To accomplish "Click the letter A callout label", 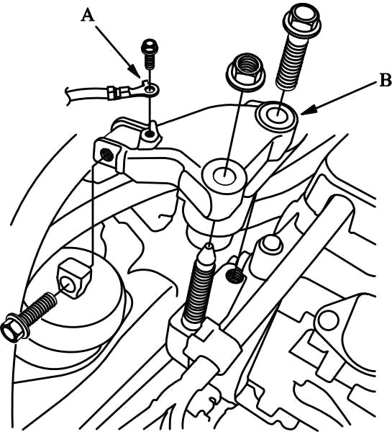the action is [x=88, y=15].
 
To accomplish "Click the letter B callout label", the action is [x=386, y=81].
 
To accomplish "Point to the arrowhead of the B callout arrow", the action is [x=308, y=111].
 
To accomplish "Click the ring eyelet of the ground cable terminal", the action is [x=151, y=90].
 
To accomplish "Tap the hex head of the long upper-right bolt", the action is [x=301, y=17].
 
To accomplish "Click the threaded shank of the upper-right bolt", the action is [x=292, y=60].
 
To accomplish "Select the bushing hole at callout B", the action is [x=278, y=114].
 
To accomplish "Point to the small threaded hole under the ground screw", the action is [x=150, y=134].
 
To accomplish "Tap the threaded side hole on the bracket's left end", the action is [x=106, y=155].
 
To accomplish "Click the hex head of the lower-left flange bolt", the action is [x=11, y=330].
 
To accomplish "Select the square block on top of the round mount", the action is [x=74, y=278].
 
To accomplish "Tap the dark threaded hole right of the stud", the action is [x=234, y=276].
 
